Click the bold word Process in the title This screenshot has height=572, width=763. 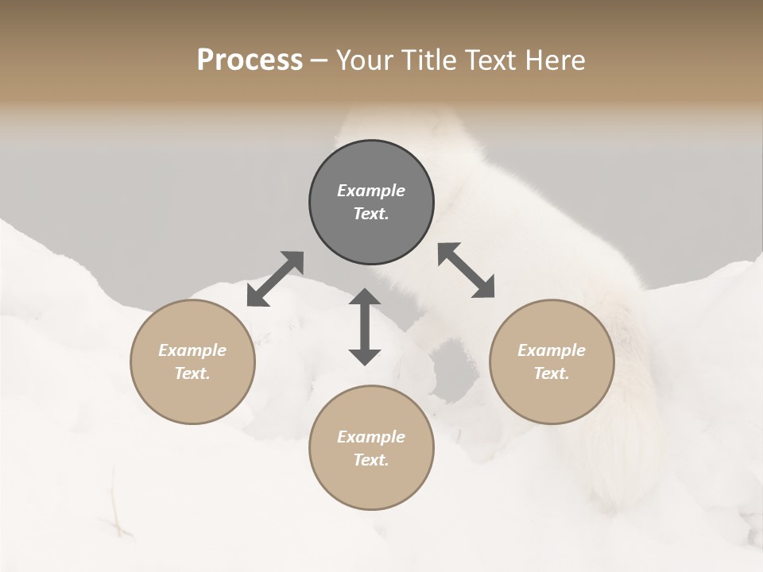pyautogui.click(x=250, y=60)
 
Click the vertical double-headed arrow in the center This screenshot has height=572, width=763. pyautogui.click(x=365, y=327)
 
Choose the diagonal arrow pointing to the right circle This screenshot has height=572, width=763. pyautogui.click(x=467, y=270)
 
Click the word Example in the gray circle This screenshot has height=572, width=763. pyautogui.click(x=371, y=191)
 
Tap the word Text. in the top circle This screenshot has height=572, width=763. pyautogui.click(x=371, y=214)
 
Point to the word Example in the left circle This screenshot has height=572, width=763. pyautogui.click(x=192, y=350)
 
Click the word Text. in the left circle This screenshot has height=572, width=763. pyautogui.click(x=192, y=373)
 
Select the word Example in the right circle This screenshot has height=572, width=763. pyautogui.click(x=552, y=350)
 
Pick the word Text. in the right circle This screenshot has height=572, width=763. pyautogui.click(x=552, y=373)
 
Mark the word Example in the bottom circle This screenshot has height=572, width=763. pyautogui.click(x=371, y=437)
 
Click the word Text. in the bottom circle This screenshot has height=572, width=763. pyautogui.click(x=371, y=460)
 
